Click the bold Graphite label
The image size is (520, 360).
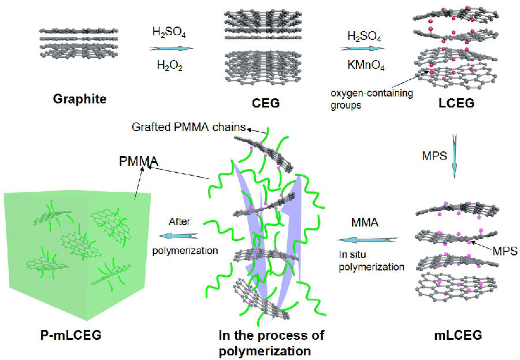pos(80,99)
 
